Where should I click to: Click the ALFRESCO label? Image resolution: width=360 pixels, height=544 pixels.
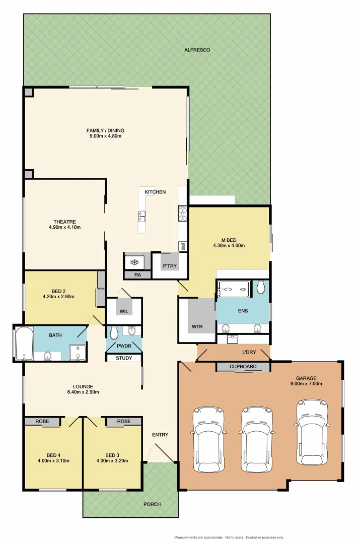tap(197, 50)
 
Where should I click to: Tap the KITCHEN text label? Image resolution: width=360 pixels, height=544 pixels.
tap(155, 192)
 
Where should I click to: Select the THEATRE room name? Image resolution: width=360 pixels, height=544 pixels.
tap(64, 222)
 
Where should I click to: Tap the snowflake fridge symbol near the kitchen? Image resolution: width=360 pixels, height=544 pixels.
tap(134, 262)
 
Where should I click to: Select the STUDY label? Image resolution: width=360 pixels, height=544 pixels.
tap(124, 358)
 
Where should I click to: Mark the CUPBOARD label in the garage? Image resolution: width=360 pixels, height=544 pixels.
tap(243, 367)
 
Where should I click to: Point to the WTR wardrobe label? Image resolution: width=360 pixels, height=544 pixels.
tap(197, 326)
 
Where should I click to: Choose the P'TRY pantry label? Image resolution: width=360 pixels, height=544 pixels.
tap(170, 266)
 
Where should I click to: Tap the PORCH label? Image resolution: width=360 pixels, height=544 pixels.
tap(152, 504)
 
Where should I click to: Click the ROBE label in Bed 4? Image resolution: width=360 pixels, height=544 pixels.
tap(42, 421)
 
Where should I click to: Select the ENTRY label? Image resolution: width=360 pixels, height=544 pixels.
tap(160, 435)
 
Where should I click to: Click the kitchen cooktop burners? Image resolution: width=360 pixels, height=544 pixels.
tap(182, 215)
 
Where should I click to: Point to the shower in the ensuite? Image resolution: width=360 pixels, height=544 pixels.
tap(234, 288)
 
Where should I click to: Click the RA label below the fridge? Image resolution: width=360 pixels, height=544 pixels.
tap(137, 275)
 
